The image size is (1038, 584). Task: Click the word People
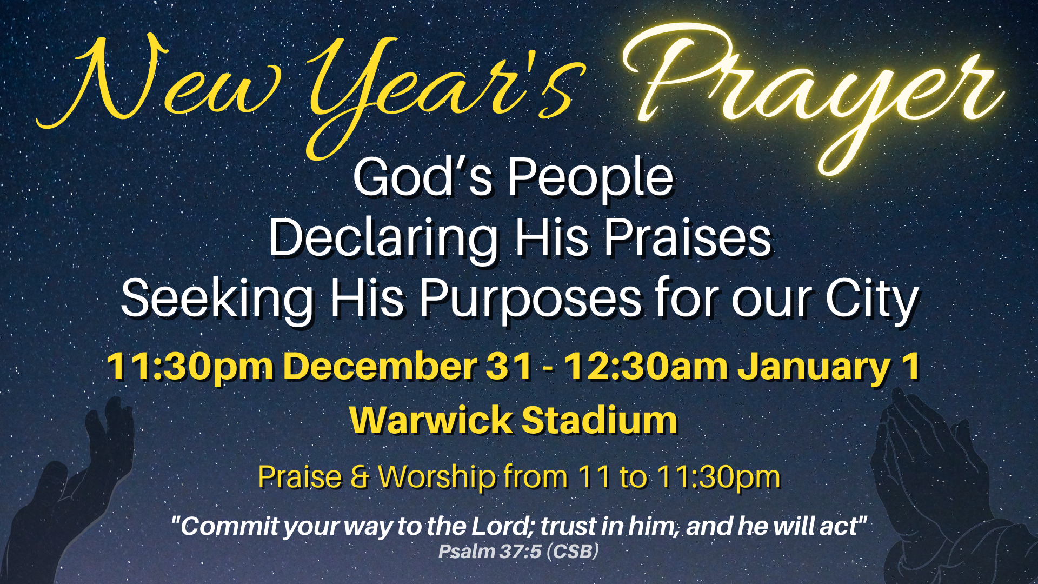point(590,177)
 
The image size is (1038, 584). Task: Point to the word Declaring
point(383,238)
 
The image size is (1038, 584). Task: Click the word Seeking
point(217,298)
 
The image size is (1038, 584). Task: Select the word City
point(871,298)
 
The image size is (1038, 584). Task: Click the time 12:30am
point(647,367)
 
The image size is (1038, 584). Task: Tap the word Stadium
point(600,420)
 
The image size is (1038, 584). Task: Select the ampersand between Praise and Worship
point(360,477)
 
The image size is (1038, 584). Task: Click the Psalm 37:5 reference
point(518,552)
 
